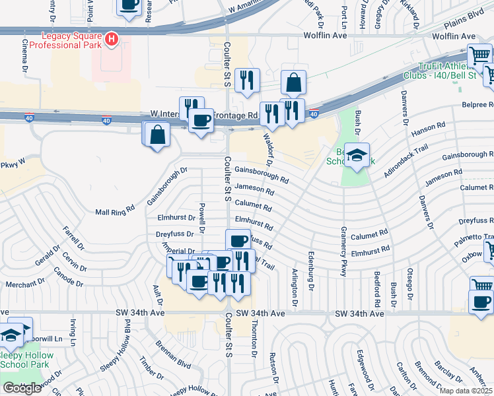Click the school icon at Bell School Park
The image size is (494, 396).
click(357, 156)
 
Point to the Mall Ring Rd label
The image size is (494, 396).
click(115, 212)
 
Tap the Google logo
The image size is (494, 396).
click(22, 388)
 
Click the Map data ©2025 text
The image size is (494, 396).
click(466, 391)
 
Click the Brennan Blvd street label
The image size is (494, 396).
click(174, 354)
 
